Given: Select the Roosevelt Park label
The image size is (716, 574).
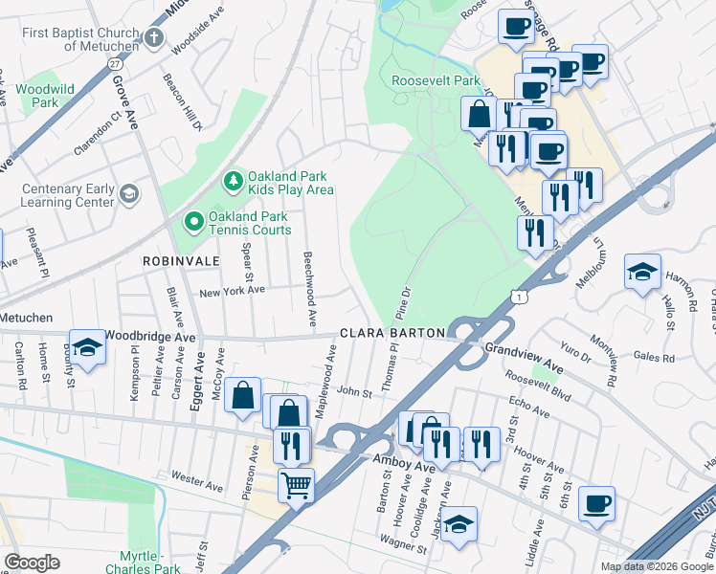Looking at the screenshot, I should click(436, 81).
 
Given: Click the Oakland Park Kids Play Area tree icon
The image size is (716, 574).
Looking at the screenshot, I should click(232, 180).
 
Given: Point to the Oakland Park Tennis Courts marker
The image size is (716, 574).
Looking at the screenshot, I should click(194, 222).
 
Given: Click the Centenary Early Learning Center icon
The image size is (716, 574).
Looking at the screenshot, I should click(128, 195).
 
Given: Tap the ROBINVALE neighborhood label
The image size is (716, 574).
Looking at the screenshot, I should click(182, 260).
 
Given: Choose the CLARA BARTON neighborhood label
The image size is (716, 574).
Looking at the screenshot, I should click(392, 333).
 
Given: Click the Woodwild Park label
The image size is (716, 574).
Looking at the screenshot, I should click(45, 95).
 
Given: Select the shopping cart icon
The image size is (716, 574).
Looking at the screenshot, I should click(297, 485).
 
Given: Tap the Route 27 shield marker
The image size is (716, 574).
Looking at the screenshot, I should click(115, 63).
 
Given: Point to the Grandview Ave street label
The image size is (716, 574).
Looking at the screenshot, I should click(526, 351).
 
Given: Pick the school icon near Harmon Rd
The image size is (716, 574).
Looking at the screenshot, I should click(642, 271).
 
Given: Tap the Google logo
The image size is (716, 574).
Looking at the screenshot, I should click(32, 563).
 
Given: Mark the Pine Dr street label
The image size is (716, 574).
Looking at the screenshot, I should click(405, 304).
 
